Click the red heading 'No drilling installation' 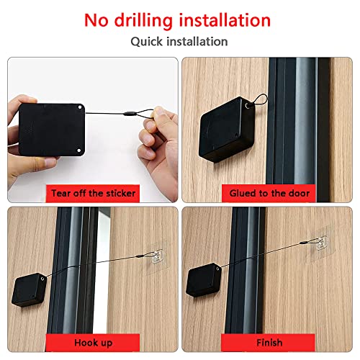[x=179, y=19]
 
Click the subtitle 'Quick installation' [x=179, y=42]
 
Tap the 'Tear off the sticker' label [x=92, y=193]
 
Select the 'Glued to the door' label [x=269, y=193]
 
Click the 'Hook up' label [x=92, y=342]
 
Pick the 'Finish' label [x=269, y=342]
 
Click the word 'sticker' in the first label [x=117, y=193]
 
